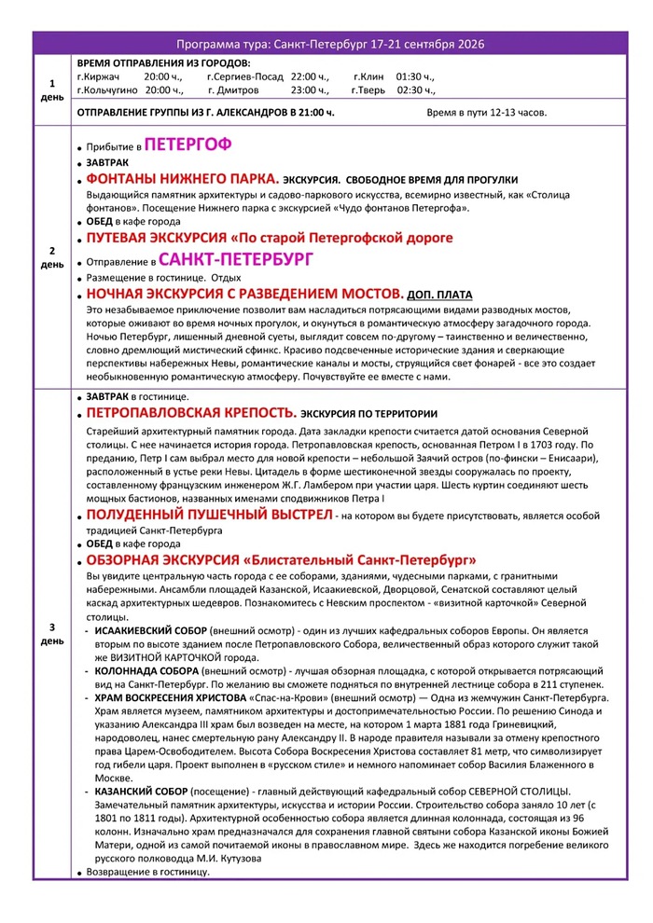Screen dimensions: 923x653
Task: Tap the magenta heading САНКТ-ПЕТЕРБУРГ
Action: click(236, 258)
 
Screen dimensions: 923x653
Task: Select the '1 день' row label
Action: click(52, 90)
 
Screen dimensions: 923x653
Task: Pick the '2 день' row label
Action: click(52, 258)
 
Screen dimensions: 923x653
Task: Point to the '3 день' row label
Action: click(52, 633)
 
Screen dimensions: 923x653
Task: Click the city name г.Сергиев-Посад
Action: click(245, 76)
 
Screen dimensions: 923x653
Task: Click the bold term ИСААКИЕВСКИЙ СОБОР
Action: click(151, 631)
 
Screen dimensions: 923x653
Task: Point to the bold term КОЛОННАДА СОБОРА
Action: click(146, 670)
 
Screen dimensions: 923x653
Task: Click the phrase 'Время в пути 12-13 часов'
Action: click(486, 112)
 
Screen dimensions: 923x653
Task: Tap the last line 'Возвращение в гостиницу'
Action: click(148, 872)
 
